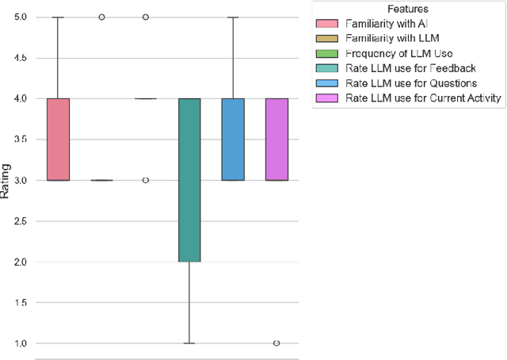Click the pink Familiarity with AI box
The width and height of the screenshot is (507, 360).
tap(59, 140)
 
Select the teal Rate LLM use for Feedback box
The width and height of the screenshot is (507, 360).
tap(189, 180)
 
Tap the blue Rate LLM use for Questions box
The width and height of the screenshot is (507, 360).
tap(232, 140)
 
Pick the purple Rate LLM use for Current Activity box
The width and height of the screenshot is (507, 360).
tap(276, 140)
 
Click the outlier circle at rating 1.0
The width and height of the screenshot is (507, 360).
tap(276, 343)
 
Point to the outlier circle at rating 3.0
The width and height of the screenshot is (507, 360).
tap(145, 180)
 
